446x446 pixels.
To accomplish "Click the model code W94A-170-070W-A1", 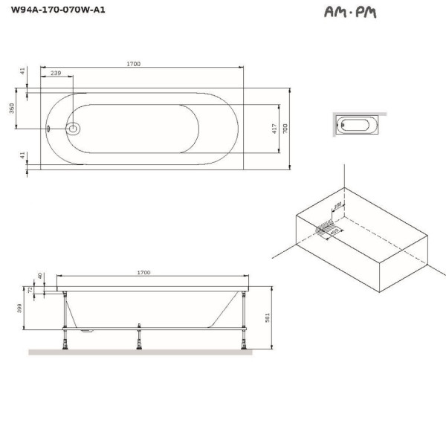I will pyautogui.click(x=53, y=13).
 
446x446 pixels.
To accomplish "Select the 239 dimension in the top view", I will pyautogui.click(x=56, y=74).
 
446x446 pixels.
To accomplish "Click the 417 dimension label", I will pyautogui.click(x=274, y=127).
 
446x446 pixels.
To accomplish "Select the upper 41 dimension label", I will pyautogui.click(x=23, y=71).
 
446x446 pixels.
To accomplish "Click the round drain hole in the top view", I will pyautogui.click(x=74, y=128).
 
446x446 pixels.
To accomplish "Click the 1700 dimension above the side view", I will pyautogui.click(x=143, y=273).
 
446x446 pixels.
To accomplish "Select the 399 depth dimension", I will pyautogui.click(x=20, y=307).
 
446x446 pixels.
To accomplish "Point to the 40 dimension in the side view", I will pyautogui.click(x=40, y=277).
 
